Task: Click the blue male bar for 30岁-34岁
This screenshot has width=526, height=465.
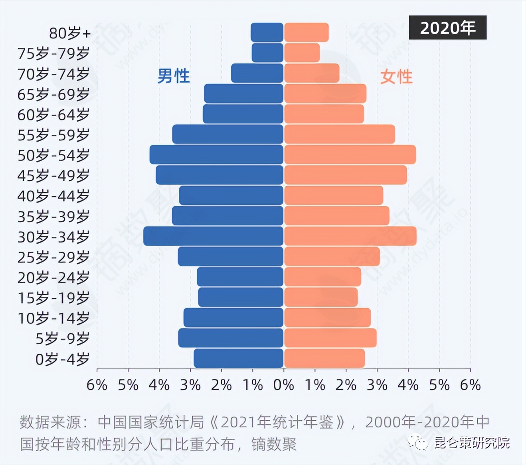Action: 213,236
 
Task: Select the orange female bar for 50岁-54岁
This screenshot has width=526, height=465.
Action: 350,155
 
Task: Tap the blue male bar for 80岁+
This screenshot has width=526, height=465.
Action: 267,32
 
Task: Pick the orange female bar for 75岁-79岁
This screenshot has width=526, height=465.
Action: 302,53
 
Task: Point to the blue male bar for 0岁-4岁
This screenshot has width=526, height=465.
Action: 238,358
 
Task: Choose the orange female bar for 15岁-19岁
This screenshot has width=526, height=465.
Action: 321,297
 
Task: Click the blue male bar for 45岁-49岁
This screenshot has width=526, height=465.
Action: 219,175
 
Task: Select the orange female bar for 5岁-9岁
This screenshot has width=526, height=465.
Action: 330,338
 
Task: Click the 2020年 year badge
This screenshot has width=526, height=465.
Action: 447,28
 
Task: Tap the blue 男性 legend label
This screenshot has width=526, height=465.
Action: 173,76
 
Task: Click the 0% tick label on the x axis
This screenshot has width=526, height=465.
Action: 284,385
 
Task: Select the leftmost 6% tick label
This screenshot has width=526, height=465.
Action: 97,385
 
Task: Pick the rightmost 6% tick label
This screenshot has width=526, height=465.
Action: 471,385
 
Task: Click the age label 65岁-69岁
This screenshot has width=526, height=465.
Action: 53,94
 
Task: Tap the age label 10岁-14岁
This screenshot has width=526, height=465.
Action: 53,318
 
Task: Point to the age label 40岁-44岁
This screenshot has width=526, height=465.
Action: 53,196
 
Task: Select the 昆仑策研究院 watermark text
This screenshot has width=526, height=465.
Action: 472,443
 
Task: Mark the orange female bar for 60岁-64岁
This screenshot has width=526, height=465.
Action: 324,114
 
